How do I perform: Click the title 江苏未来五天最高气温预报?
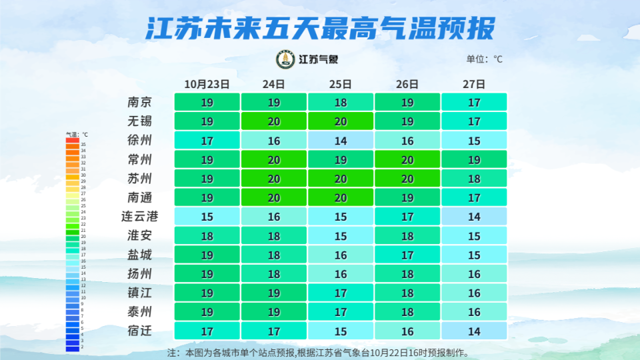pyautogui.click(x=320, y=29)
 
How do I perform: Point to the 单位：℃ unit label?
pyautogui.click(x=484, y=59)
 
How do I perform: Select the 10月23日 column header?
pyautogui.click(x=207, y=85)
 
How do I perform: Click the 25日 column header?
pyautogui.click(x=340, y=85)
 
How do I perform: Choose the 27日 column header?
pyautogui.click(x=473, y=85)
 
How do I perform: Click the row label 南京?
pyautogui.click(x=140, y=103)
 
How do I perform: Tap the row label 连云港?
pyautogui.click(x=140, y=217)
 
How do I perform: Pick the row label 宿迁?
pyautogui.click(x=140, y=331)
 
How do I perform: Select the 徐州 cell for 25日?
pyautogui.click(x=340, y=141)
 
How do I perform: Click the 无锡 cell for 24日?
pyautogui.click(x=273, y=121)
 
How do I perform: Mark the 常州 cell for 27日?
pyautogui.click(x=474, y=160)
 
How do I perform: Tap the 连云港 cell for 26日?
pyautogui.click(x=407, y=217)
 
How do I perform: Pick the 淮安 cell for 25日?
pyautogui.click(x=340, y=236)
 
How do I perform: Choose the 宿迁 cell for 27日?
pyautogui.click(x=474, y=331)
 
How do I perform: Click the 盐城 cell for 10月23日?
pyautogui.click(x=207, y=255)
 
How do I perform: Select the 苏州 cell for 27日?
pyautogui.click(x=474, y=179)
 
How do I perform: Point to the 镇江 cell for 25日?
pyautogui.click(x=340, y=293)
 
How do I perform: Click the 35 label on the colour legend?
pyautogui.click(x=83, y=145)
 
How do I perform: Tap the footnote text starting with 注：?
pyautogui.click(x=317, y=352)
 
